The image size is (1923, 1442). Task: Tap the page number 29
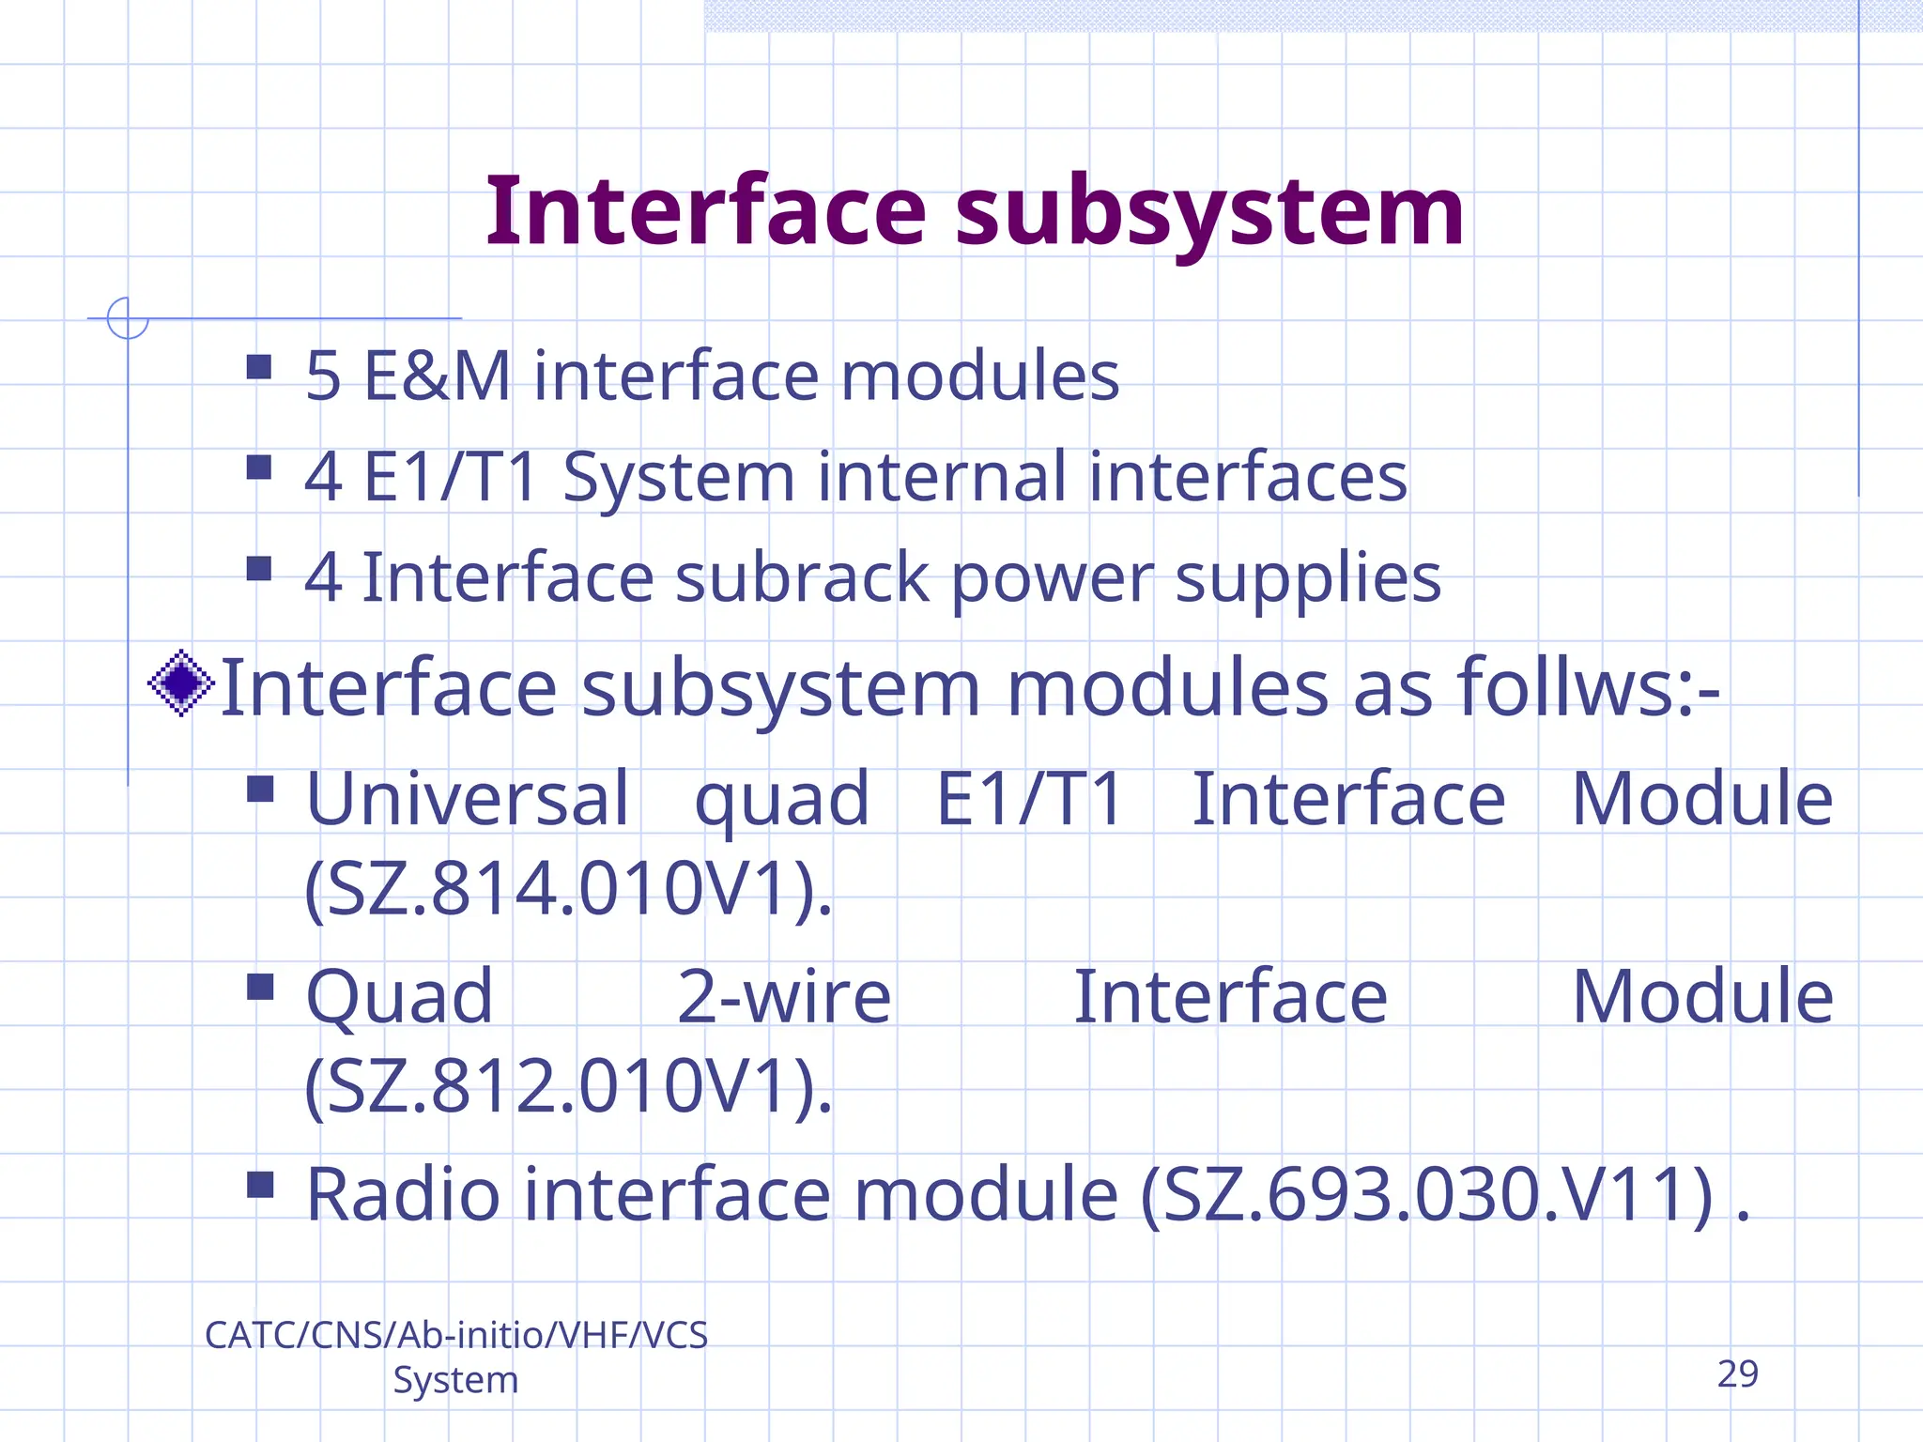[x=1737, y=1373]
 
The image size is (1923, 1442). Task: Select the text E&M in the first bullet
[x=437, y=376]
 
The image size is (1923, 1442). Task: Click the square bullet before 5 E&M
[x=259, y=366]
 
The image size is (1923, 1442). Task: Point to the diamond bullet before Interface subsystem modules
[x=181, y=683]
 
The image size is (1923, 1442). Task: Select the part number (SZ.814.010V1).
[x=568, y=888]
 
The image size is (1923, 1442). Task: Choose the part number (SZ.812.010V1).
[x=568, y=1086]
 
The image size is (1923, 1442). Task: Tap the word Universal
[x=468, y=799]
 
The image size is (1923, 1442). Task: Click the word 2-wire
[x=784, y=997]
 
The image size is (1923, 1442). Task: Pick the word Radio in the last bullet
[x=403, y=1194]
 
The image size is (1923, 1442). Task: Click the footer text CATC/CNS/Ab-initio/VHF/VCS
[x=456, y=1335]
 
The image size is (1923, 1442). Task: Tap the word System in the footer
[x=455, y=1380]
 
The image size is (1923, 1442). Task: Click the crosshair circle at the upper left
[x=128, y=318]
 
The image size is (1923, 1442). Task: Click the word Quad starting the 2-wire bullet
[x=400, y=997]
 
